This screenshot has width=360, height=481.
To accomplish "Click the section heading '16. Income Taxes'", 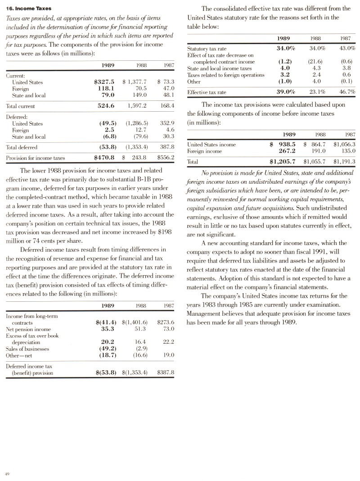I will (29, 9).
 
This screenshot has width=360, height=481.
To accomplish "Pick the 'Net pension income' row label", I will (28, 329).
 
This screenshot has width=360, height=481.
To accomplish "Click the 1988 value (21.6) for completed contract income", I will (316, 62).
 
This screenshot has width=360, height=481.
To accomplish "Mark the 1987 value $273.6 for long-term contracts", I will (165, 322).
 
